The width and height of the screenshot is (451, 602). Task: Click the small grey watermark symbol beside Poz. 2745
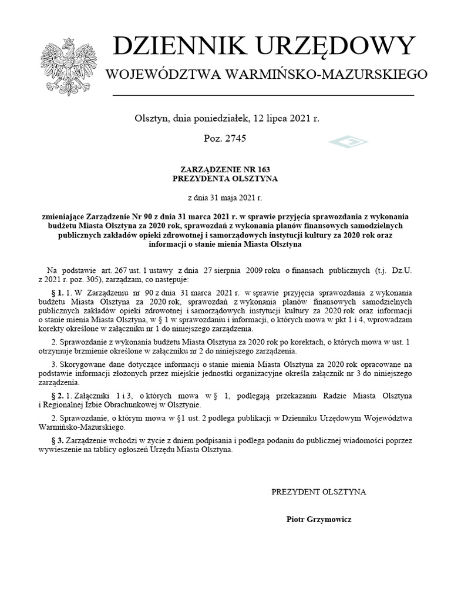point(348,142)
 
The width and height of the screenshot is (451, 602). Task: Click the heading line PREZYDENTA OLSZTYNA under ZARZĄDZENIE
point(225,178)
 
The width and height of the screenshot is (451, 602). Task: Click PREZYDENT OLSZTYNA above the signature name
point(318,491)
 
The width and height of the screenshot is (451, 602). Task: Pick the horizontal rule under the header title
point(262,95)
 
